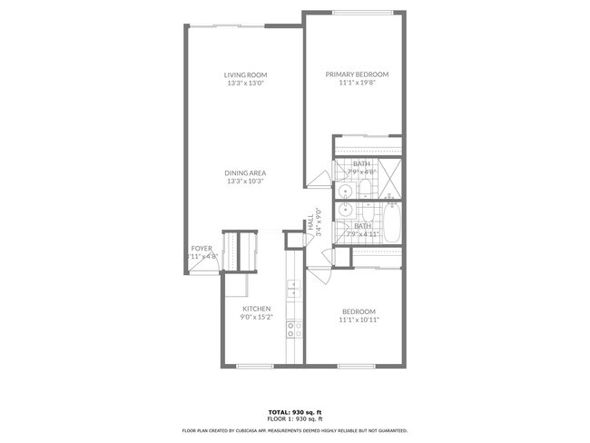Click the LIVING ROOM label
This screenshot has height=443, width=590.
(246, 74)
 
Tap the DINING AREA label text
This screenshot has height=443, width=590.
(246, 173)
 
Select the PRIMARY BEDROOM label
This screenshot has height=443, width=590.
(357, 74)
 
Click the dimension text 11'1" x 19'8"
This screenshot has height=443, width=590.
(357, 83)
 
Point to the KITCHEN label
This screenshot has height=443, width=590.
(256, 309)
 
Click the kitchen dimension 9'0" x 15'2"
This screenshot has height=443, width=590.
(256, 317)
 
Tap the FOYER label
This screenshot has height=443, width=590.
(202, 248)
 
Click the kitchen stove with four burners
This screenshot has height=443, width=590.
(293, 329)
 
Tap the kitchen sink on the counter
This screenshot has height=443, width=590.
(292, 290)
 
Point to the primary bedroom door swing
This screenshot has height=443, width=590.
(318, 179)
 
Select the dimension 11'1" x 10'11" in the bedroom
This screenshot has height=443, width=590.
(357, 320)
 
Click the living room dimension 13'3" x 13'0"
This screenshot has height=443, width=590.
(246, 83)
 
